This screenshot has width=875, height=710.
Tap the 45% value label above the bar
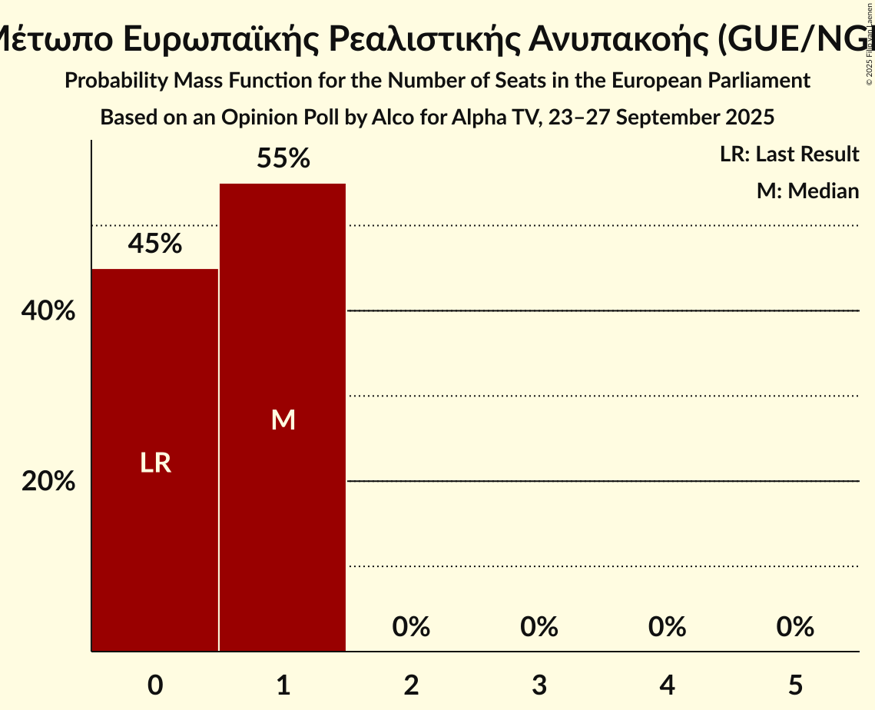155,244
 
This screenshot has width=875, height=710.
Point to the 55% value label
283,159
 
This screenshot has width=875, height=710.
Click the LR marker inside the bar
155,463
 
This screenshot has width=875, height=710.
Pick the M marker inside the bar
283,420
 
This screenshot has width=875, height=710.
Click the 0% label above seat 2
411,627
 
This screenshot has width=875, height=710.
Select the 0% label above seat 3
539,627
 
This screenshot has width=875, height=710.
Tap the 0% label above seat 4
667,627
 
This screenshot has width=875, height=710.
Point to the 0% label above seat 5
795,627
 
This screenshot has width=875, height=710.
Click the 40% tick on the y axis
48,311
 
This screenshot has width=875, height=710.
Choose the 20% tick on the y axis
48,482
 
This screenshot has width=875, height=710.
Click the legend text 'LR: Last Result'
789,154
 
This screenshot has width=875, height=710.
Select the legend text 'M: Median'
807,191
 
